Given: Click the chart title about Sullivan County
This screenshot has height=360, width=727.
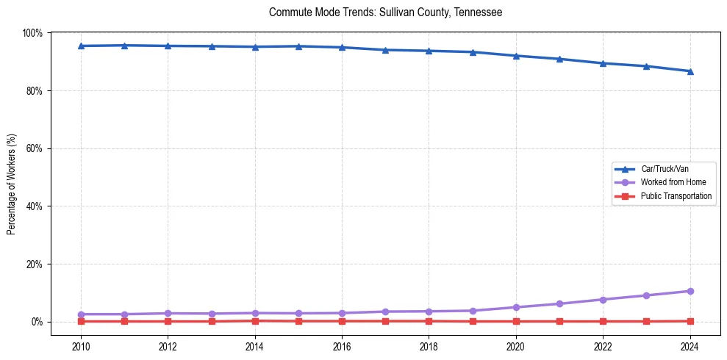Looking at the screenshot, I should click(x=385, y=12).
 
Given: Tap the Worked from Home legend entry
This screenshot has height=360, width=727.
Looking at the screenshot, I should click(x=673, y=182).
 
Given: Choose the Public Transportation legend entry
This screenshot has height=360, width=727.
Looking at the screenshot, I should click(x=676, y=196).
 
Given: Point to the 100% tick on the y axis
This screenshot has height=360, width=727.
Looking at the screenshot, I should click(x=32, y=33).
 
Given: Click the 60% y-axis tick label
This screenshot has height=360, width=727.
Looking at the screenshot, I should click(x=35, y=148).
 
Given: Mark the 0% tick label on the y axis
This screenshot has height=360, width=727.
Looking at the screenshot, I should click(x=37, y=322).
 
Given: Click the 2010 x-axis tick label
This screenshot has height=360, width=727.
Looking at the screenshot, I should click(x=81, y=347).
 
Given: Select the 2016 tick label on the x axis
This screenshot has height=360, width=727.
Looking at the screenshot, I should click(x=342, y=347).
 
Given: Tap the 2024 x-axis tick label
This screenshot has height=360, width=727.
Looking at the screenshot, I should click(x=690, y=347).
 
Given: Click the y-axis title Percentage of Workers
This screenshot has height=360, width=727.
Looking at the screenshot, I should click(x=12, y=184).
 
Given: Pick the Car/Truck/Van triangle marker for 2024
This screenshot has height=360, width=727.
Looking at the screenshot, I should click(x=690, y=71).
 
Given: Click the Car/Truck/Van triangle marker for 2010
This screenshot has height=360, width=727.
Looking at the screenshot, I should click(x=81, y=46).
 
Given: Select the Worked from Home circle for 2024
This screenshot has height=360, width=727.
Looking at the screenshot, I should click(x=690, y=291).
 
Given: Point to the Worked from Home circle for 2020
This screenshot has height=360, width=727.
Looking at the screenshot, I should click(x=516, y=307).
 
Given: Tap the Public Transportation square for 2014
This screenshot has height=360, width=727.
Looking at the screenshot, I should click(x=255, y=320).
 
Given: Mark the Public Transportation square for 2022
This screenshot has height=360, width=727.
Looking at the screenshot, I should click(x=603, y=321).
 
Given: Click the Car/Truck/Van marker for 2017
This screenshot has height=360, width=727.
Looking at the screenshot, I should click(x=385, y=50).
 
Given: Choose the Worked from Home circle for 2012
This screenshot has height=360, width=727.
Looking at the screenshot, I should click(x=168, y=313).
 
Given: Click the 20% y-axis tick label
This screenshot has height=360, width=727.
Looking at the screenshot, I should click(x=35, y=264).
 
